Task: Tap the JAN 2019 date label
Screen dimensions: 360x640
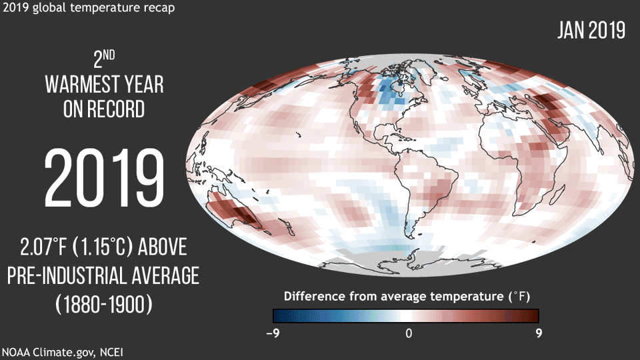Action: coord(591,31)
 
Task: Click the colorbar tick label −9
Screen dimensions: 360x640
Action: coord(272,333)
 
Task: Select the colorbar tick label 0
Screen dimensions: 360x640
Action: coord(409,333)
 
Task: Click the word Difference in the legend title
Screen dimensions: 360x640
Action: coord(313,295)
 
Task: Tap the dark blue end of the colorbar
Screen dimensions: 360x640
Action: coord(280,315)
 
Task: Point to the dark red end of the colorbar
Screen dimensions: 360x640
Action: coord(532,315)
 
